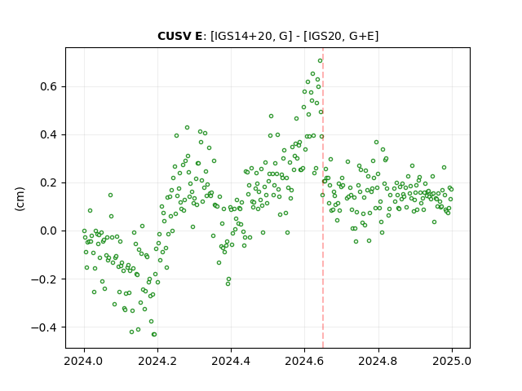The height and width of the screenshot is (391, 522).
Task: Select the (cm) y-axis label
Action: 20,199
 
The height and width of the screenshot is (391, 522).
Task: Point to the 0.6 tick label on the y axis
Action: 49,87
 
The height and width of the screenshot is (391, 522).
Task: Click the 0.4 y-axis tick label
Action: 49,134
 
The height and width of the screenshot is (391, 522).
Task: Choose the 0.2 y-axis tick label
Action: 49,182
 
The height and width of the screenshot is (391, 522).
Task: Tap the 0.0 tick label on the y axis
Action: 49,231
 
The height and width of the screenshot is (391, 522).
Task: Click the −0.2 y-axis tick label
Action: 44,279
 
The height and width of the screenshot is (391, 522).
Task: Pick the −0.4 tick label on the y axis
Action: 44,327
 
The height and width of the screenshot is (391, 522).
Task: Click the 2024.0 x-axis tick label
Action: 84,361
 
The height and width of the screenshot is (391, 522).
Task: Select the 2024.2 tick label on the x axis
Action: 157,361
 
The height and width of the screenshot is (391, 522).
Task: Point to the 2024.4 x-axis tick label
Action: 231,361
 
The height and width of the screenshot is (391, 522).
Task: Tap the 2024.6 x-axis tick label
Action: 304,361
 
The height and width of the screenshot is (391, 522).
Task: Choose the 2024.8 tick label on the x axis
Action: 378,361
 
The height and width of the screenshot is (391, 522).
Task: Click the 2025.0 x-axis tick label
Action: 452,361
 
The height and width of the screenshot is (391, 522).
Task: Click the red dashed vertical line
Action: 323,198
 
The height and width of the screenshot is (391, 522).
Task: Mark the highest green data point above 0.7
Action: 320,61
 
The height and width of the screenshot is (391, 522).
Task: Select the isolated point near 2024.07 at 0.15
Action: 111,195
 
